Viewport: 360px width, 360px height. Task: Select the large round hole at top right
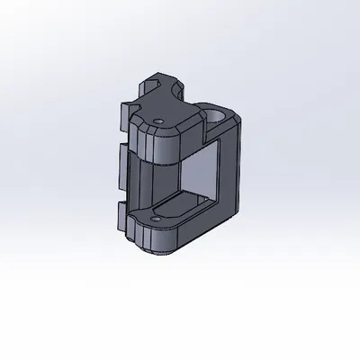(217, 114)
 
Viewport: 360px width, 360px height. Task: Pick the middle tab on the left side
(121, 166)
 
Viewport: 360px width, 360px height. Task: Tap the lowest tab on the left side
(121, 219)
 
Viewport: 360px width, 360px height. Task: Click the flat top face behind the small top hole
(171, 108)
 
